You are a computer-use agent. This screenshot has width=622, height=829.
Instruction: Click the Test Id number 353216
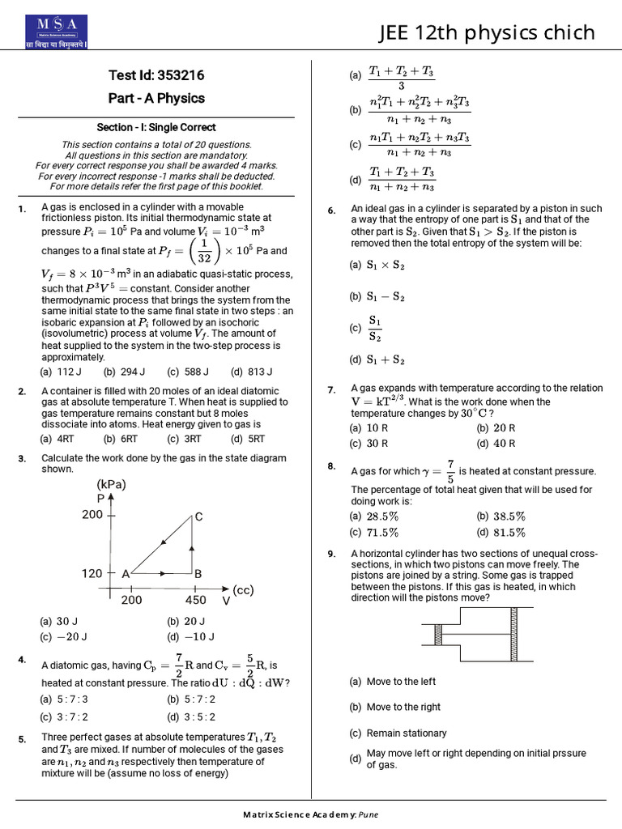tap(177, 75)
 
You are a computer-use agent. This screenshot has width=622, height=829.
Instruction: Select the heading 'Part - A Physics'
tap(156, 98)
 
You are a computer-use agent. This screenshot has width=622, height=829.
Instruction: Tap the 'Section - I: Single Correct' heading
tap(156, 127)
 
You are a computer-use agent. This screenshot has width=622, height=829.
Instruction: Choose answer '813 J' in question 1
tap(248, 372)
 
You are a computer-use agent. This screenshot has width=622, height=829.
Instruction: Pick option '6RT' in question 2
tap(120, 439)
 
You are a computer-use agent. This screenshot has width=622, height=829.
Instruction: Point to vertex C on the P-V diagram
tap(198, 517)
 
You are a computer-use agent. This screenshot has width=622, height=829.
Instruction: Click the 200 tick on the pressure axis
tap(92, 514)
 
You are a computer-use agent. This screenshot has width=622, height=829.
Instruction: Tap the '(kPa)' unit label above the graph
tap(113, 485)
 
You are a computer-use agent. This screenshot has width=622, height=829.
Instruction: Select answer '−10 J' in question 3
tap(185, 636)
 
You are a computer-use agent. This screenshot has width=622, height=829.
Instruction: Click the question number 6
tap(331, 211)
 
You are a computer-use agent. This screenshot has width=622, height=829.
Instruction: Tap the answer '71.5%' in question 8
tap(381, 532)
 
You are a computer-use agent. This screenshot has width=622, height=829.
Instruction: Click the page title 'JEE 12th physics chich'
tap(487, 32)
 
